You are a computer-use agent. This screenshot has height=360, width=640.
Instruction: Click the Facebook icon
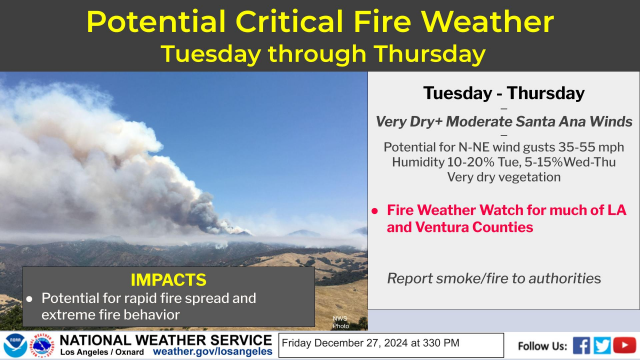582,345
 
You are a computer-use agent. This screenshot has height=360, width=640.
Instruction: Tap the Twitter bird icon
602,345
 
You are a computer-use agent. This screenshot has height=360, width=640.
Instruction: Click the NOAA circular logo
13,346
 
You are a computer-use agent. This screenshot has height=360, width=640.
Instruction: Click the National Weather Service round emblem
41,346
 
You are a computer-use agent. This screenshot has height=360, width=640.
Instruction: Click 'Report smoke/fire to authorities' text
494,277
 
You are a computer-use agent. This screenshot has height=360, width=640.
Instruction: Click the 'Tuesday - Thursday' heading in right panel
502,93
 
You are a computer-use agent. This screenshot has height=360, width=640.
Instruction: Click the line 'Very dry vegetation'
502,178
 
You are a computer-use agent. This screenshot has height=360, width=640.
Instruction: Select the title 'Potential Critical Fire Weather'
320,22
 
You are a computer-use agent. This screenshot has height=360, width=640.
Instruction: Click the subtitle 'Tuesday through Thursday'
320,52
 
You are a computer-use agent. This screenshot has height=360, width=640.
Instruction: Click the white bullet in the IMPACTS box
30,298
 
